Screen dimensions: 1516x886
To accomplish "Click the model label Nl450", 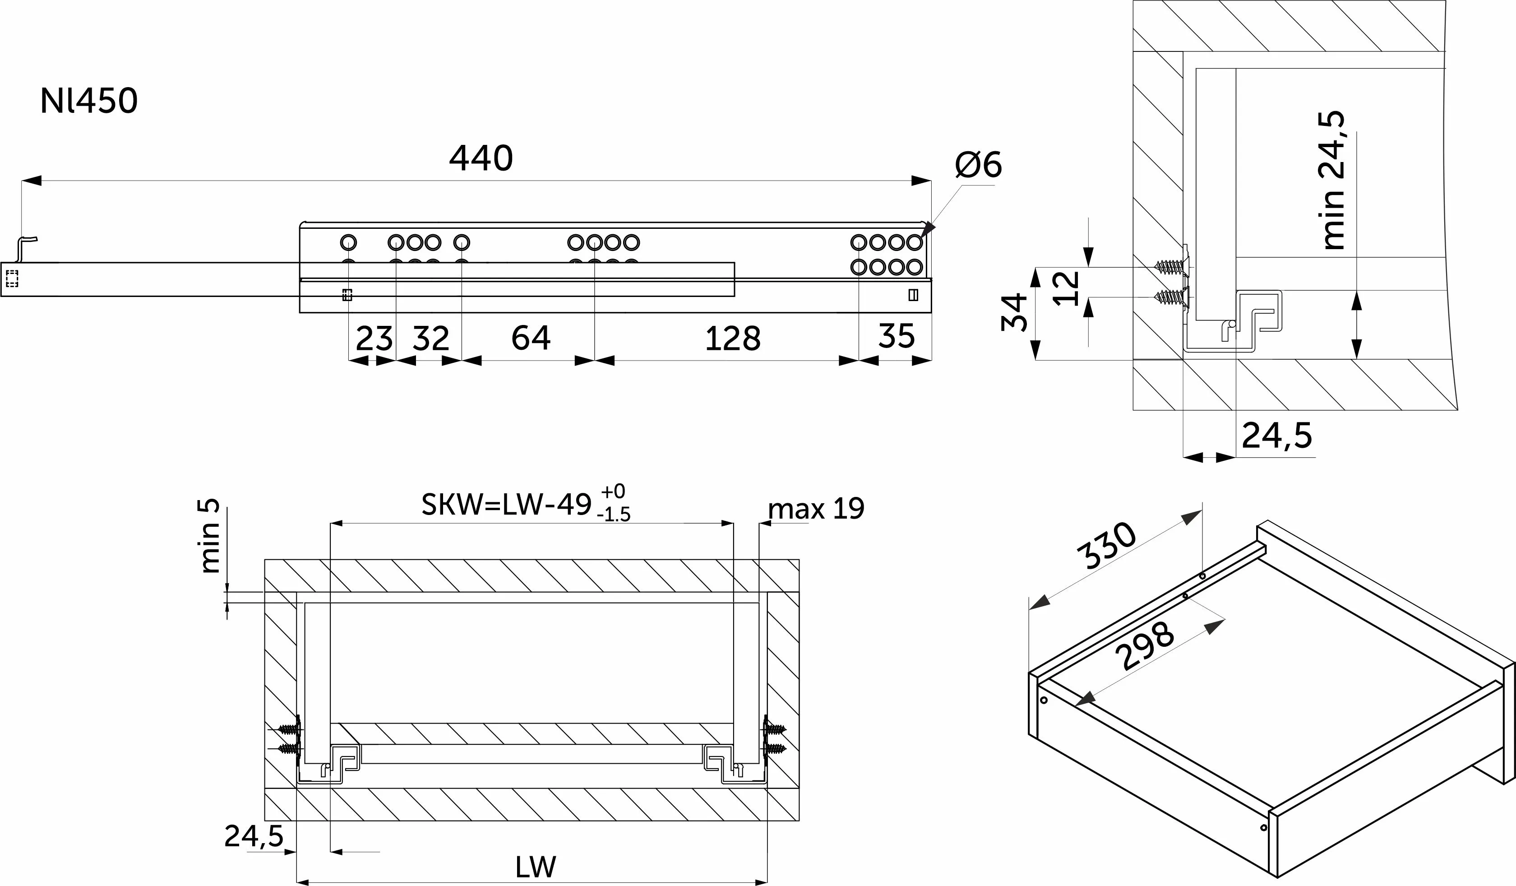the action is [89, 101].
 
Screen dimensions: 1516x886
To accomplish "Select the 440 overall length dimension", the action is [481, 158].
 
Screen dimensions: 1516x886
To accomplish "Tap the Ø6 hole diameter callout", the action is [978, 164].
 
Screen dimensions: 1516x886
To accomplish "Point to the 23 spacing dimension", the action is [374, 339].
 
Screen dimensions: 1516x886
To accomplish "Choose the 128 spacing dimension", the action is [733, 339].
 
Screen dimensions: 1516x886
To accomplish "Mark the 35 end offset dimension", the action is [897, 336].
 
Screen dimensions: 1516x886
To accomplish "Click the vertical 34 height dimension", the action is [1014, 312].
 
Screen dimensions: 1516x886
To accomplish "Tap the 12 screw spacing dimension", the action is [1067, 288].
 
